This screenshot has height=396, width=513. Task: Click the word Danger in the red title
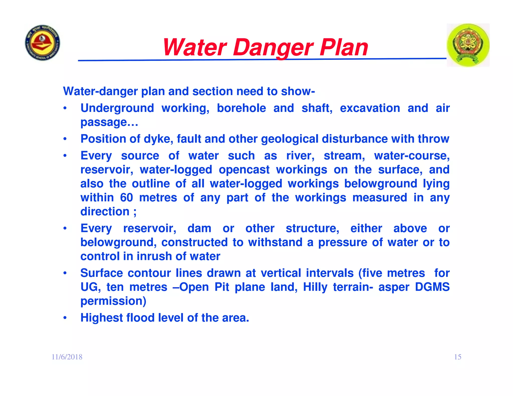click(273, 48)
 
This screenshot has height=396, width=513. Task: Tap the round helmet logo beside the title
click(43, 43)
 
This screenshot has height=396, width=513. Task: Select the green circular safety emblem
click(468, 45)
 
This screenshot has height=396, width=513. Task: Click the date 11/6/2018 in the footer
click(67, 357)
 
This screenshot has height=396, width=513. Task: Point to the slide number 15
click(458, 357)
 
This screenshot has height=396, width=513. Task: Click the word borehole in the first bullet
click(241, 108)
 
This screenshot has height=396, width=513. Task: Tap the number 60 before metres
click(126, 197)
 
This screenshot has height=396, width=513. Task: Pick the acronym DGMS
click(432, 287)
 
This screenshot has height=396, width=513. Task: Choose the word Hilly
click(315, 287)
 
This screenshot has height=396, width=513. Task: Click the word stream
click(344, 156)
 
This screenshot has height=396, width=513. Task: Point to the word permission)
click(113, 301)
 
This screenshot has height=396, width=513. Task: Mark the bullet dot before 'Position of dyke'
click(65, 139)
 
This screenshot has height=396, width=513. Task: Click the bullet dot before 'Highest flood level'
click(65, 318)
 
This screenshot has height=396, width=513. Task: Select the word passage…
click(109, 122)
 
